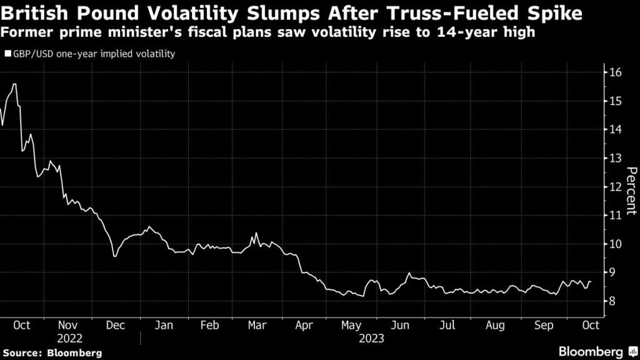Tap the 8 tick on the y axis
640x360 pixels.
coord(614,301)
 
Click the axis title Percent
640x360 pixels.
coord(631,191)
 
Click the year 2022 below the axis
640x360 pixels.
coord(69,338)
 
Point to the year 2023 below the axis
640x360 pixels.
coord(371,338)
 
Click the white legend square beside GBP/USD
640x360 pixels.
coord(7,54)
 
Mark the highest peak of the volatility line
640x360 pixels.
coord(14,84)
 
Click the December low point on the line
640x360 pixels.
coord(114,256)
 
